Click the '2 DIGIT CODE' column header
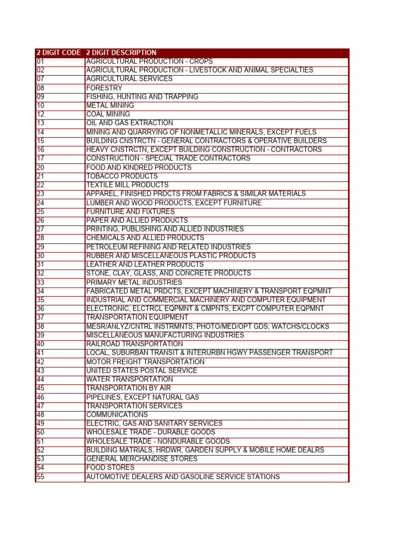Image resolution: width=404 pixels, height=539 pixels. (58, 53)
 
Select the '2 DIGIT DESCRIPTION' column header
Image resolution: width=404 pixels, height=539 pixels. (121, 53)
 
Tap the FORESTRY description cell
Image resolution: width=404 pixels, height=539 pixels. (104, 88)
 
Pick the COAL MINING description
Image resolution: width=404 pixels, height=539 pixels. (108, 114)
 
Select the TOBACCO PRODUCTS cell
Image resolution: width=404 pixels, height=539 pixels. (122, 176)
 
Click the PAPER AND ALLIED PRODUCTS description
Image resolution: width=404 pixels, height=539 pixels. (137, 221)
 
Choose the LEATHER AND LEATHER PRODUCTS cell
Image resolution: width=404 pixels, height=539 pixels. (145, 264)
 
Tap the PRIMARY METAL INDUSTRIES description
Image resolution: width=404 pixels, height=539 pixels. (134, 282)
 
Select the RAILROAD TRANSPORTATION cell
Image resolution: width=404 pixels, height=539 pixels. (134, 344)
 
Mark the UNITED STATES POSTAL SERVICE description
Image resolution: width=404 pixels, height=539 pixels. (142, 371)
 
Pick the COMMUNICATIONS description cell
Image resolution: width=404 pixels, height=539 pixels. (117, 415)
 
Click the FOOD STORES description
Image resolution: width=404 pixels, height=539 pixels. (110, 467)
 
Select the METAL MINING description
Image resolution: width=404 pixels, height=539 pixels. (110, 105)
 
